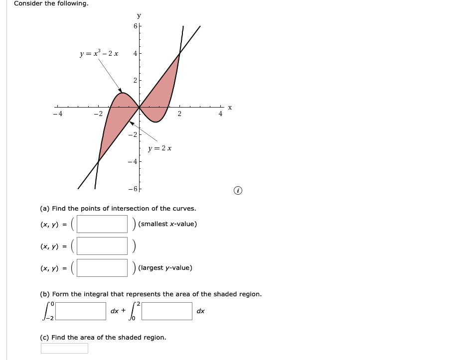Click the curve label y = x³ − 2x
99,53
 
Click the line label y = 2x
160,148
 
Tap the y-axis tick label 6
136,26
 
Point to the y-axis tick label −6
133,189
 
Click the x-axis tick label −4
57,114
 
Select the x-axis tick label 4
220,114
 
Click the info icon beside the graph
238,191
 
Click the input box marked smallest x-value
102,224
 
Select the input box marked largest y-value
102,268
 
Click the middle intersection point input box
102,246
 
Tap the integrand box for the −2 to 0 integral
81,311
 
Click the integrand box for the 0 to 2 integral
167,311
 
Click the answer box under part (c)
64,348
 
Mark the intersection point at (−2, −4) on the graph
99,161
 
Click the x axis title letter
230,108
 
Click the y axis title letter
139,16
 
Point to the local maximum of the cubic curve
123,93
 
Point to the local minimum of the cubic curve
156,122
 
